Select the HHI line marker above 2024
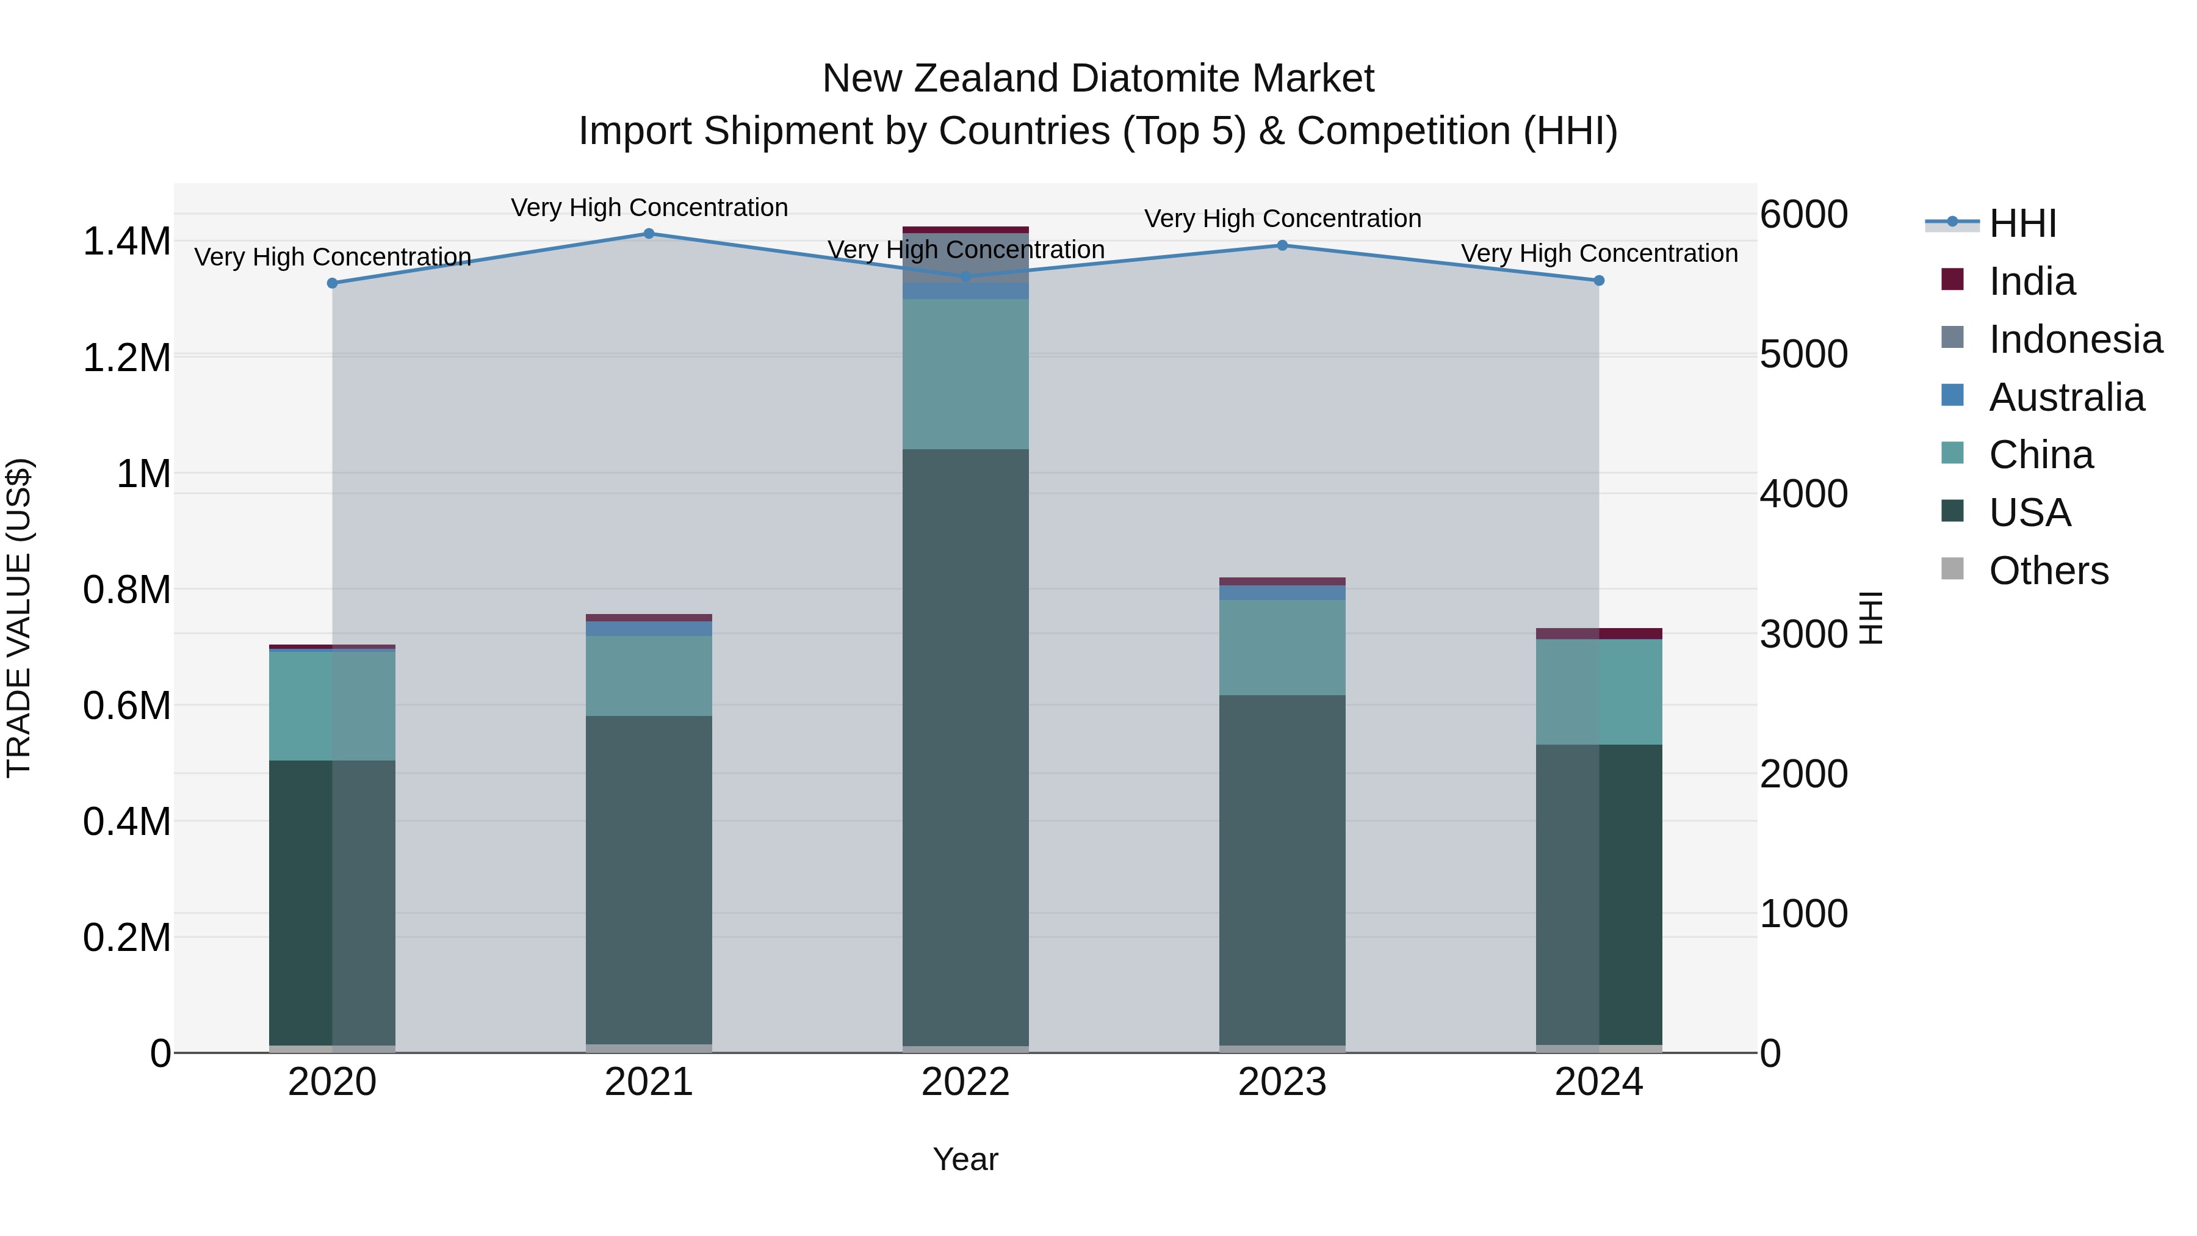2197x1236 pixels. [x=1599, y=281]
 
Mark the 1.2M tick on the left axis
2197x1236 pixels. [x=126, y=358]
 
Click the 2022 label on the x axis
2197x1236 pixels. [x=965, y=1082]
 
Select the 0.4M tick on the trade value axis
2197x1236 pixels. [x=126, y=822]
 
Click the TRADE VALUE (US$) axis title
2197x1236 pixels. [x=19, y=618]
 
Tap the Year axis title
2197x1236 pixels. [x=965, y=1159]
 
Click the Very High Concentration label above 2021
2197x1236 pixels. [x=649, y=208]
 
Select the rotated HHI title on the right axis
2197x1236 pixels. [x=1871, y=618]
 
